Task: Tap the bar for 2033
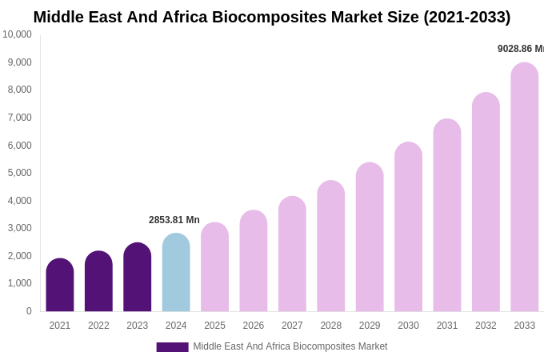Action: tap(524, 187)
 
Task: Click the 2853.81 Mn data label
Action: tap(174, 220)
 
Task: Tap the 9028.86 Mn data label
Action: tap(520, 49)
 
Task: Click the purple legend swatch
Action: tap(172, 347)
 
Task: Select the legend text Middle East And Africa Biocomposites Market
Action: tap(290, 346)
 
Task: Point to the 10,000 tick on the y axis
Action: tap(17, 34)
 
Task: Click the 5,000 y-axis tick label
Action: tap(20, 173)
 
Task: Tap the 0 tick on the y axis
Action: tap(29, 311)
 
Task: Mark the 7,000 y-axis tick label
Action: tap(20, 118)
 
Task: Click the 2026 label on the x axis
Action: tap(254, 326)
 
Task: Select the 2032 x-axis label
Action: tap(486, 326)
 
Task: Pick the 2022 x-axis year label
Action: tap(98, 326)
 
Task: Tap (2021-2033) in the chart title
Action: tap(466, 17)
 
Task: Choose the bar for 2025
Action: tap(214, 267)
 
